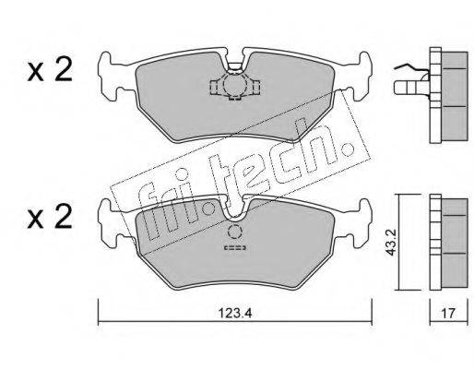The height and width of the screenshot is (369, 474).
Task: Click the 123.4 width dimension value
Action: pyautogui.click(x=235, y=314)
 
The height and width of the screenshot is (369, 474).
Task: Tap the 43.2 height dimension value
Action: pyautogui.click(x=391, y=243)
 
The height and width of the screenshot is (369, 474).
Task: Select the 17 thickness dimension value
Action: pyautogui.click(x=448, y=314)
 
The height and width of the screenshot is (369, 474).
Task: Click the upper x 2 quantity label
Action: pyautogui.click(x=50, y=69)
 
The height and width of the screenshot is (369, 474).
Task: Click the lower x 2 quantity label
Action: pyautogui.click(x=50, y=217)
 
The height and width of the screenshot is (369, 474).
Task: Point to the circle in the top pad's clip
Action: pyautogui.click(x=234, y=84)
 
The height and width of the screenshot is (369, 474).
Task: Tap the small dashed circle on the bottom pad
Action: pyautogui.click(x=235, y=232)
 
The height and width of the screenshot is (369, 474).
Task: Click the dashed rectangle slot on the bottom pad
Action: pyautogui.click(x=235, y=247)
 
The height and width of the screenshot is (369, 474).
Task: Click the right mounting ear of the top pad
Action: pyautogui.click(x=359, y=77)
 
